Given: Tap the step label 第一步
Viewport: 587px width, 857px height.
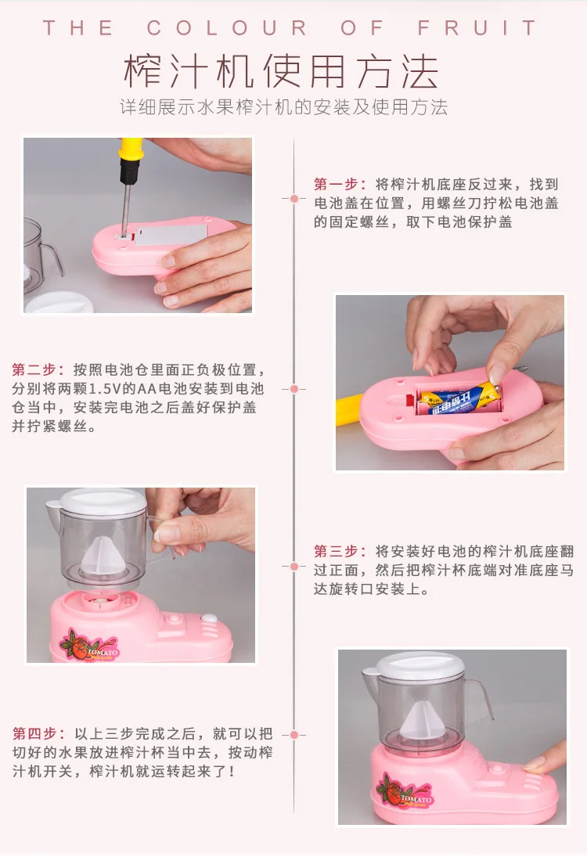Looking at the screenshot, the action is (x=336, y=184).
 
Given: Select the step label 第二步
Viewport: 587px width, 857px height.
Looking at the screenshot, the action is (x=34, y=370).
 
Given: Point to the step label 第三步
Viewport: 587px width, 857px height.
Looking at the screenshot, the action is (x=336, y=552).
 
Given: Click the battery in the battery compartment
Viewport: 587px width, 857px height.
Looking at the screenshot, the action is (x=459, y=399).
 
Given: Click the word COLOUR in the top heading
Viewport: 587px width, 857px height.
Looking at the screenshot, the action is (x=228, y=27).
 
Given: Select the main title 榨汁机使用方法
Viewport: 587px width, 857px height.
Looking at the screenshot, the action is (x=282, y=72).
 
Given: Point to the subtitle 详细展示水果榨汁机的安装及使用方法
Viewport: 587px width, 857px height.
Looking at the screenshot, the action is (x=283, y=107).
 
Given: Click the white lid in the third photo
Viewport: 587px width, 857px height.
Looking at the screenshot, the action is (x=103, y=501).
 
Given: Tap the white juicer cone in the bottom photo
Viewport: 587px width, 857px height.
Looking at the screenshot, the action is (x=420, y=718).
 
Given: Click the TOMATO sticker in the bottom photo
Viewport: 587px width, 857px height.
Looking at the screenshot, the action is (x=405, y=791).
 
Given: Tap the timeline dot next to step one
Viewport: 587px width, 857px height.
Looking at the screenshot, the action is (x=294, y=198).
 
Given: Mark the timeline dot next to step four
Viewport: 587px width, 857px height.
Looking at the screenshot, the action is (x=294, y=735).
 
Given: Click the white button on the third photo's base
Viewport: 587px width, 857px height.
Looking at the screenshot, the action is (x=208, y=619).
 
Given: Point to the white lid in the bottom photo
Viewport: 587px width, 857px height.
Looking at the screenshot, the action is (x=421, y=664).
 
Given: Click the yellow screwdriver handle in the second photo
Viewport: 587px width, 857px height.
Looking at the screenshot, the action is (x=350, y=410).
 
